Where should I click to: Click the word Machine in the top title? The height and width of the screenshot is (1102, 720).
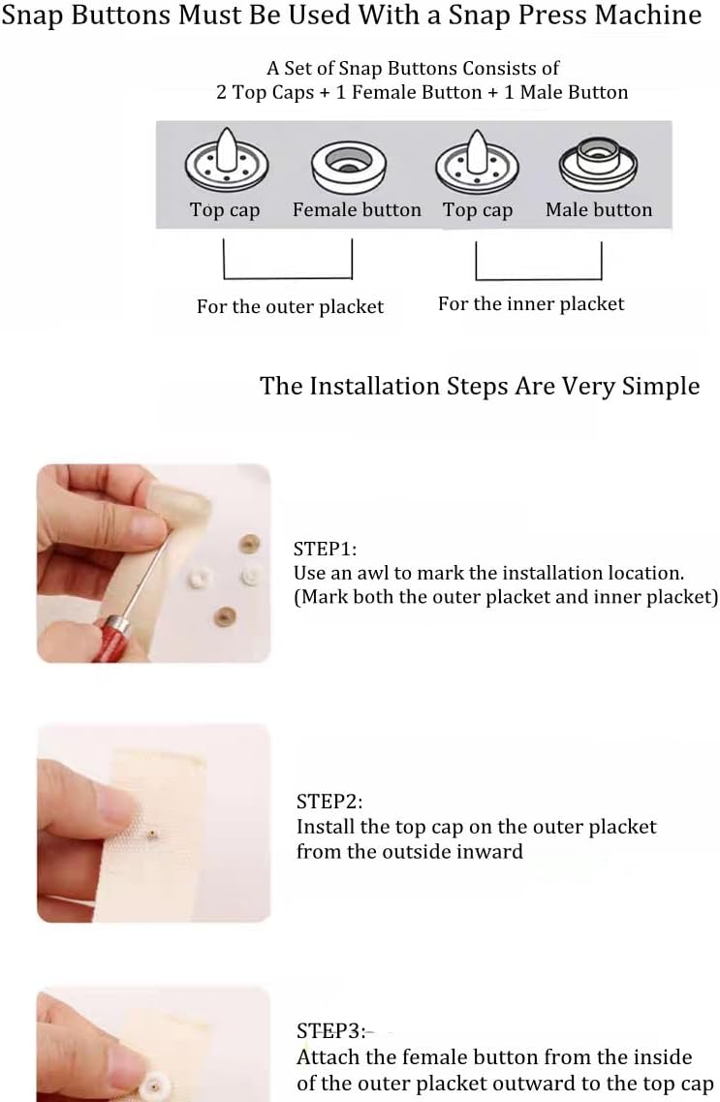tap(647, 15)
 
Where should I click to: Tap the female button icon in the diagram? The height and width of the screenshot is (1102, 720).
tap(349, 166)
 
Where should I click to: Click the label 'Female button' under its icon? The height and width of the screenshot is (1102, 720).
tap(357, 210)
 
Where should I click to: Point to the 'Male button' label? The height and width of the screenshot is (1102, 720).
tap(599, 210)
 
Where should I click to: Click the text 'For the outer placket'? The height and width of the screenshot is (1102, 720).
tap(290, 307)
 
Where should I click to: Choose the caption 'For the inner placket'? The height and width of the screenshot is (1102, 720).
tap(531, 304)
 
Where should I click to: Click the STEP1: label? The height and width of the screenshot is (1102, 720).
tap(326, 549)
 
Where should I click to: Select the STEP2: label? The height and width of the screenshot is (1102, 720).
tap(329, 802)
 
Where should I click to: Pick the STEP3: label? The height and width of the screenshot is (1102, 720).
tap(330, 1031)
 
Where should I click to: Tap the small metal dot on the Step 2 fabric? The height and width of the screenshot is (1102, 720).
tap(152, 834)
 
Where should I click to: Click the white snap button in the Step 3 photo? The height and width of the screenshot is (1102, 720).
tap(154, 1087)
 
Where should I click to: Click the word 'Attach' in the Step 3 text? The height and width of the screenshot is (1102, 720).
tap(329, 1057)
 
